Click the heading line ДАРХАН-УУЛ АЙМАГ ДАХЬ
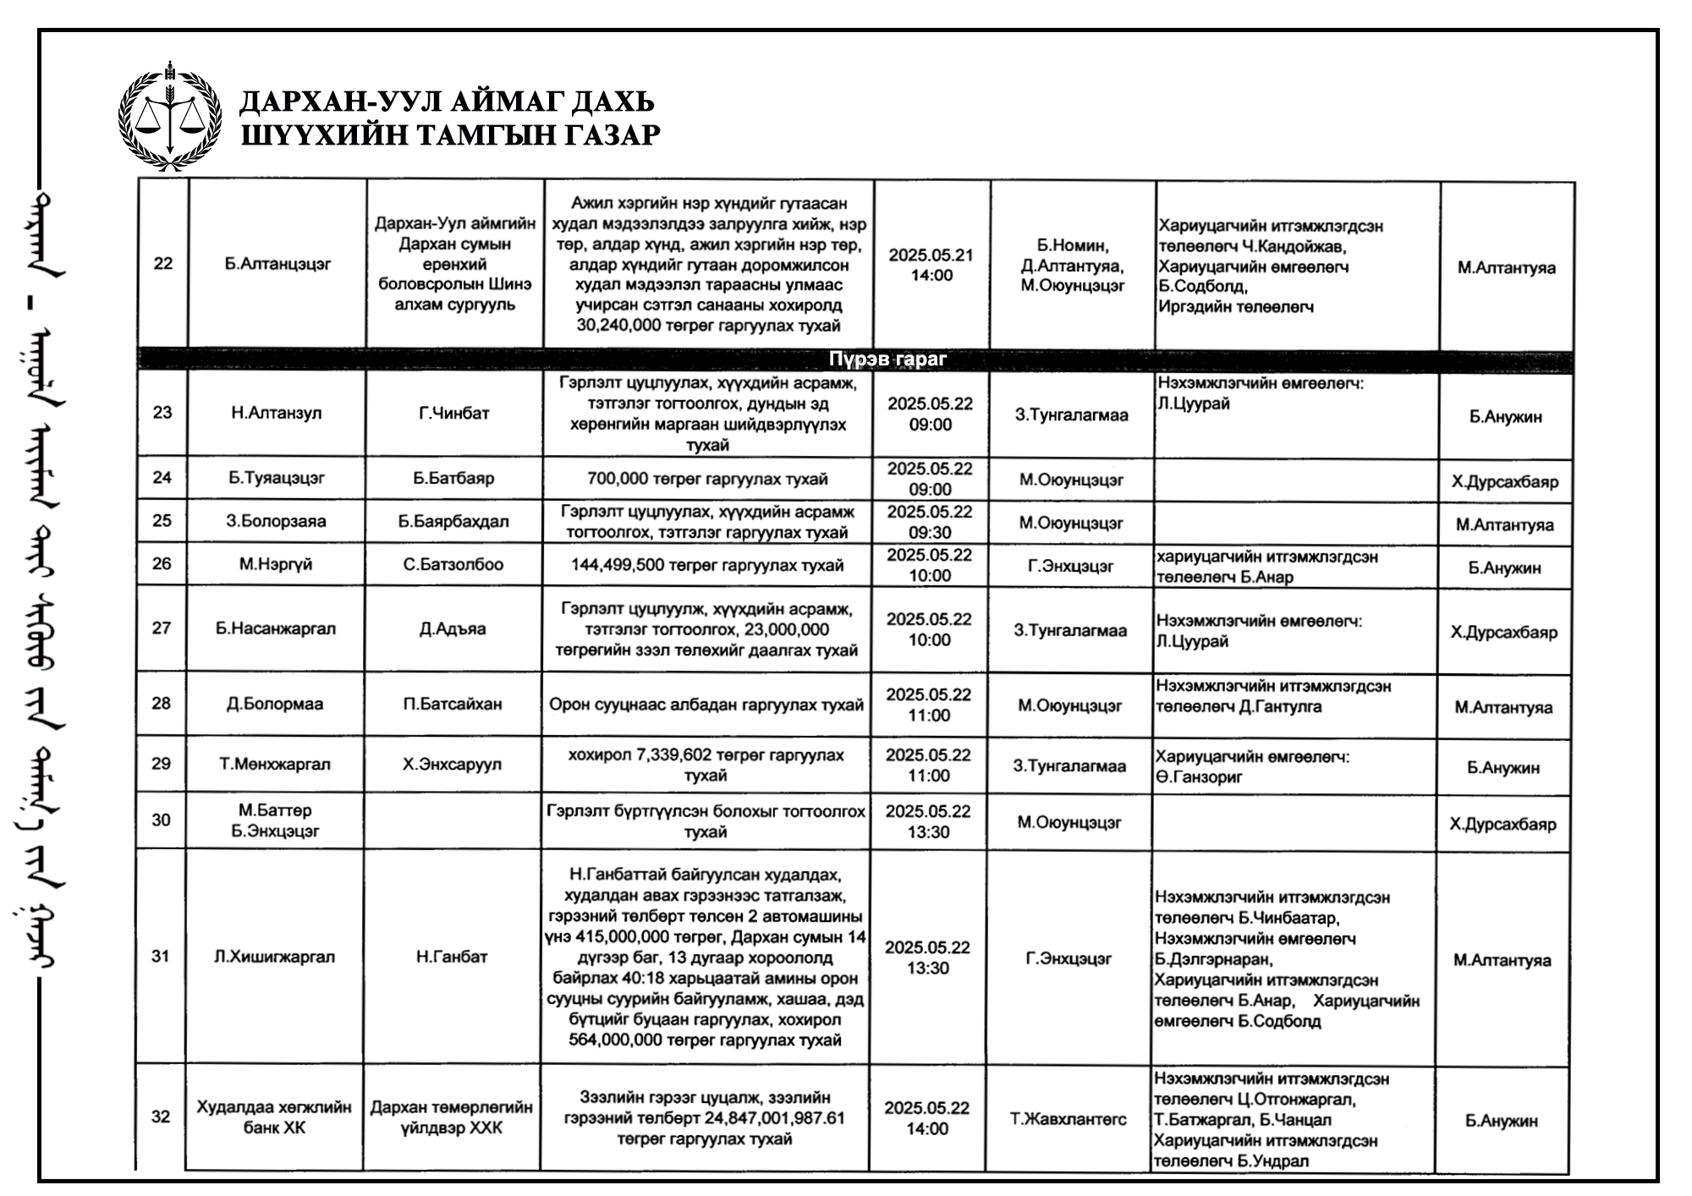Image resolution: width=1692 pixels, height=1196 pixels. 447,102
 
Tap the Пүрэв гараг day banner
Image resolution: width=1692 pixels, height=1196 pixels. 887,359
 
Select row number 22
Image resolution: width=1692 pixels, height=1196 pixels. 162,264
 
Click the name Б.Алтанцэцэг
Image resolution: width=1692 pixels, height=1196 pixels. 277,264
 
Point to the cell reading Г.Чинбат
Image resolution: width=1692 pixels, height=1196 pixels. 453,414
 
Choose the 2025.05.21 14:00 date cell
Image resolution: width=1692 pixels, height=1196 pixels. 931,265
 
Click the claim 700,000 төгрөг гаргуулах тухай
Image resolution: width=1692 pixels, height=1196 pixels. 707,480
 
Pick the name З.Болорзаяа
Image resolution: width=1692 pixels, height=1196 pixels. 276,521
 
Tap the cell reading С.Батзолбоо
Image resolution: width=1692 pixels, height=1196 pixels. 453,564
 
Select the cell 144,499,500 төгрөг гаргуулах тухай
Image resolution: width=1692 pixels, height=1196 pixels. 707,565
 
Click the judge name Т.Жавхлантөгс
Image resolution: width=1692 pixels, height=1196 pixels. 1068,1119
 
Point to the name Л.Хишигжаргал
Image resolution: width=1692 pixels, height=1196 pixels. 274,957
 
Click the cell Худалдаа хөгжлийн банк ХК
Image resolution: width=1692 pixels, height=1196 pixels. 274,1117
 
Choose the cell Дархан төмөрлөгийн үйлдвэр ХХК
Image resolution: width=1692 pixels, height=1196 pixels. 452,1117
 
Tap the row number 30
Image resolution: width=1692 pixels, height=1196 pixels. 161,820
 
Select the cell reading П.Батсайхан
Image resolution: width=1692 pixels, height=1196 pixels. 453,705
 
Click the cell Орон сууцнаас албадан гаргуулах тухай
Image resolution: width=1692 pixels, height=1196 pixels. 706,705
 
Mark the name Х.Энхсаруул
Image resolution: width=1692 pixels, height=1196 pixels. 452,765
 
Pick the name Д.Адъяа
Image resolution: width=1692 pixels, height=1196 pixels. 453,629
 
